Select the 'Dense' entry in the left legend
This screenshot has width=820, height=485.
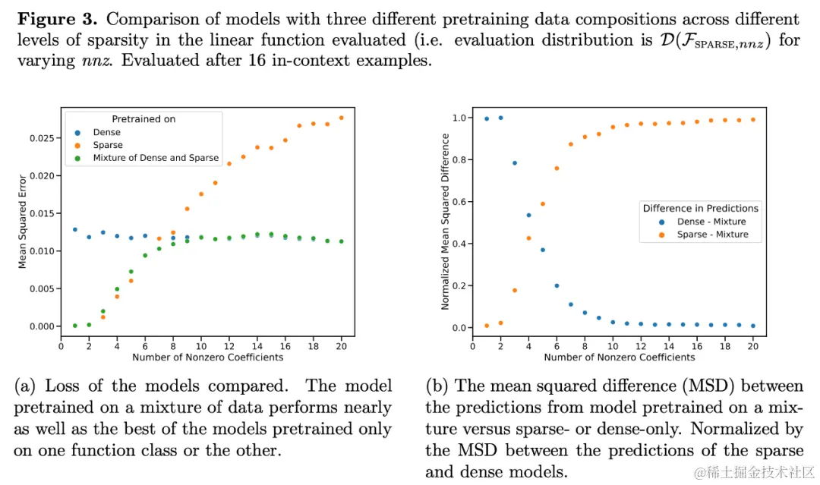pos(106,132)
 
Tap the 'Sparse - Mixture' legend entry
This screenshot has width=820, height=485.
pos(712,235)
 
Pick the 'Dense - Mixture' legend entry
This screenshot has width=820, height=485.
pos(711,222)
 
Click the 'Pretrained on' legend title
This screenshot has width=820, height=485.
pos(143,119)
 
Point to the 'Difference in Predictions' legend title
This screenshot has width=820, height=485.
pos(700,208)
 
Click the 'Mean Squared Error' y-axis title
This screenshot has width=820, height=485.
pos(23,221)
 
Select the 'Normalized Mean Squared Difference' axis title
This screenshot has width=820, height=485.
pos(446,221)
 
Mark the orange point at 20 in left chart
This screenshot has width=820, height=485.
pos(341,118)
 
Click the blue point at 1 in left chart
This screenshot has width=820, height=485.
pos(74,229)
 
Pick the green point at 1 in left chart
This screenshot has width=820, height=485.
pos(74,326)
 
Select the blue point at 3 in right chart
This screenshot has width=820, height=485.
pos(515,162)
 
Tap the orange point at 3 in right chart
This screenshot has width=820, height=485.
pos(515,290)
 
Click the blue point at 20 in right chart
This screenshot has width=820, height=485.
pos(752,326)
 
